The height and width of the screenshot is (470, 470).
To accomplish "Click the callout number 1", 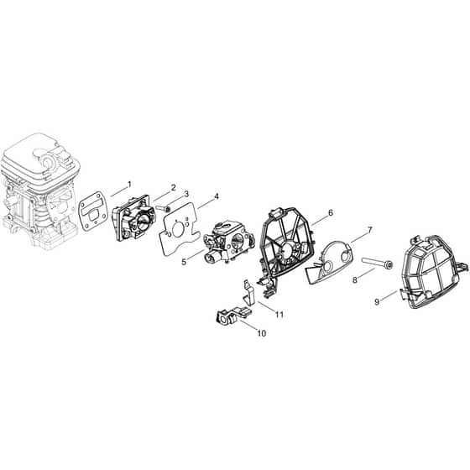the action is point(129,184).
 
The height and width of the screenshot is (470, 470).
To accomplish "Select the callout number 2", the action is point(173,188).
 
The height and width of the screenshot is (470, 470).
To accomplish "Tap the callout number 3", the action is point(186,194).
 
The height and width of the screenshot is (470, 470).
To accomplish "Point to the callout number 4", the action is point(217,196).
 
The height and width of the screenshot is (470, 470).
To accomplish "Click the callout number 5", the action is point(184,262).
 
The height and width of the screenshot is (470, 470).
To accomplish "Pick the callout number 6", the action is point(331,213).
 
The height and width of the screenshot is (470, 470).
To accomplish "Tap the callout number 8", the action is point(355,280).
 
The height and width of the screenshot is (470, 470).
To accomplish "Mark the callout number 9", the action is point(377,301).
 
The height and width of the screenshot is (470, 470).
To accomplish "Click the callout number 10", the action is point(262,333).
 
